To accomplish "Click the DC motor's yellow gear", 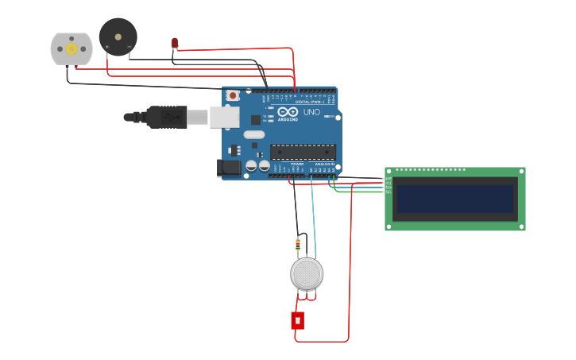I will click(72, 48).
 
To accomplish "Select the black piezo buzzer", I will click(118, 37).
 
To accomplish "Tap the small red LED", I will click(175, 42).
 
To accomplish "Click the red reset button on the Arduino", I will click(233, 95).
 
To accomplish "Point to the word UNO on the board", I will click(311, 112).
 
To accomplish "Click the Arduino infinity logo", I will click(288, 113).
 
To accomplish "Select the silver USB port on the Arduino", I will click(224, 117).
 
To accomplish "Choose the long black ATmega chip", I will click(303, 152).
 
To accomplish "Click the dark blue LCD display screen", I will click(455, 199).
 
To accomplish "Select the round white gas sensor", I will click(307, 273).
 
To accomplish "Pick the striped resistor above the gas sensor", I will click(298, 244).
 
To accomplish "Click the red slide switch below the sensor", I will click(297, 320).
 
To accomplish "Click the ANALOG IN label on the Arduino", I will click(325, 164).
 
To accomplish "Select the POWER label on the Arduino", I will click(296, 164).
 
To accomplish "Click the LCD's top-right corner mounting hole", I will click(521, 171).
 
